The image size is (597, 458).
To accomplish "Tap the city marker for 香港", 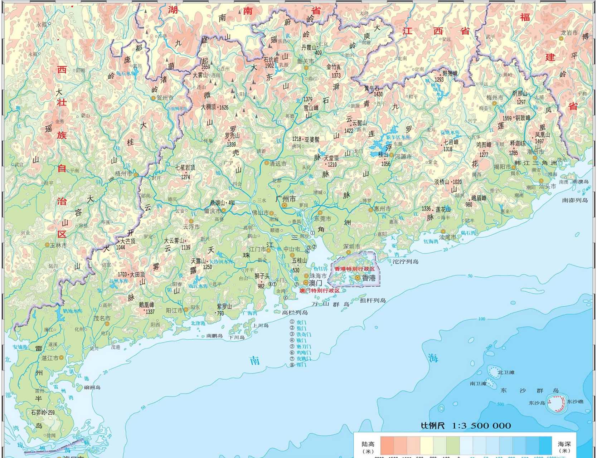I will tap(357, 278).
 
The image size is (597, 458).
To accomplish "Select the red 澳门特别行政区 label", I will tap(319, 291).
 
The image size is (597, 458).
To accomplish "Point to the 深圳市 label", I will tap(351, 247).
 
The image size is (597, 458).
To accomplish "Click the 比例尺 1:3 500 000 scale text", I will tap(466, 426).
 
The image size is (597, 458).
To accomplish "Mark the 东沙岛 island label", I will tap(537, 403).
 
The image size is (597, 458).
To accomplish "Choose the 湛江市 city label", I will tap(50, 358).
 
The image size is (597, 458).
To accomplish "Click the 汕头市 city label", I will tap(548, 186).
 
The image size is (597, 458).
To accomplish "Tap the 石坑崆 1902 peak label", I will tap(271, 63).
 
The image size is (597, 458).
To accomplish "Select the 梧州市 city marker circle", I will tap(136, 175).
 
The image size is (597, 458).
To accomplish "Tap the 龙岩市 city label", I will tap(569, 33).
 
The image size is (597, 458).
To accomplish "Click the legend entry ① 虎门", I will tap(298, 322).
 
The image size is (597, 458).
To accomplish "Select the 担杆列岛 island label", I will tap(373, 300).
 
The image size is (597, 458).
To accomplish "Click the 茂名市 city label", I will tap(102, 318).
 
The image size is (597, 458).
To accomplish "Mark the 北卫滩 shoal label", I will tap(506, 372).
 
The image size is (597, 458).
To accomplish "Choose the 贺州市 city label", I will tap(165, 98).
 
